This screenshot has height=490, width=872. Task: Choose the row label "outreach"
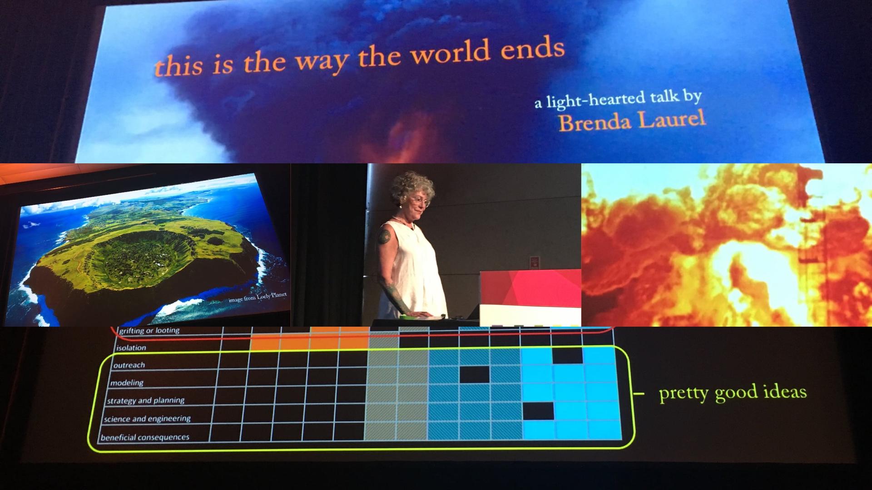coord(129,365)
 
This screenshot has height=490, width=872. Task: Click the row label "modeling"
coord(127,383)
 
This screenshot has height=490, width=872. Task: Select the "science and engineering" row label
coord(147,419)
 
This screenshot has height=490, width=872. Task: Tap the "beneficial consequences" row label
coord(145,437)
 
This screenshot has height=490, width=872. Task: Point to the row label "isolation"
coord(131,348)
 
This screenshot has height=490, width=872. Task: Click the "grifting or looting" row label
coord(149,331)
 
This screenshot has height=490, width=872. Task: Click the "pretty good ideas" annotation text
coord(733,392)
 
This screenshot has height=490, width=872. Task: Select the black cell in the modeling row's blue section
coord(475,375)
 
